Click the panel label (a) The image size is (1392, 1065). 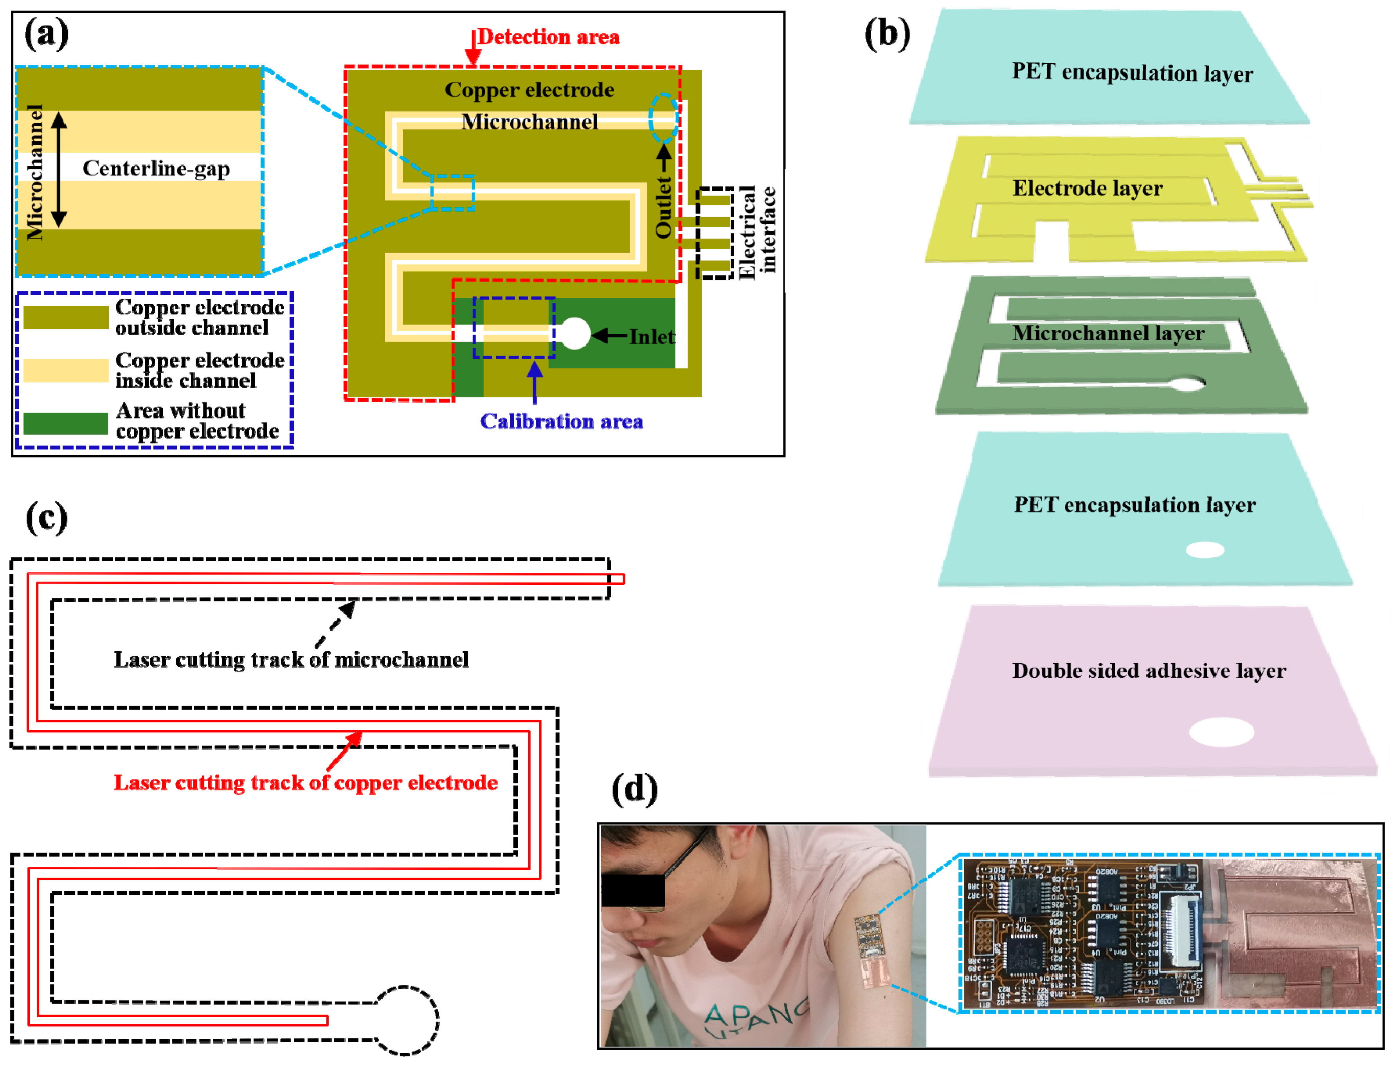(46, 34)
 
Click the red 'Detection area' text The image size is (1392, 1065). (548, 37)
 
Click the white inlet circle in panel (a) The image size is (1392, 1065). (574, 334)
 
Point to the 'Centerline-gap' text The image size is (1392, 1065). (156, 168)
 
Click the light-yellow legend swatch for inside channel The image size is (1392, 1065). (66, 370)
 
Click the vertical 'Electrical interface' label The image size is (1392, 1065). (756, 232)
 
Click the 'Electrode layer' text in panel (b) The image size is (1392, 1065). (1087, 188)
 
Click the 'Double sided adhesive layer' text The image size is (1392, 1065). (1149, 671)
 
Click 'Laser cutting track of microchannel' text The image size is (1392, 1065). (291, 660)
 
